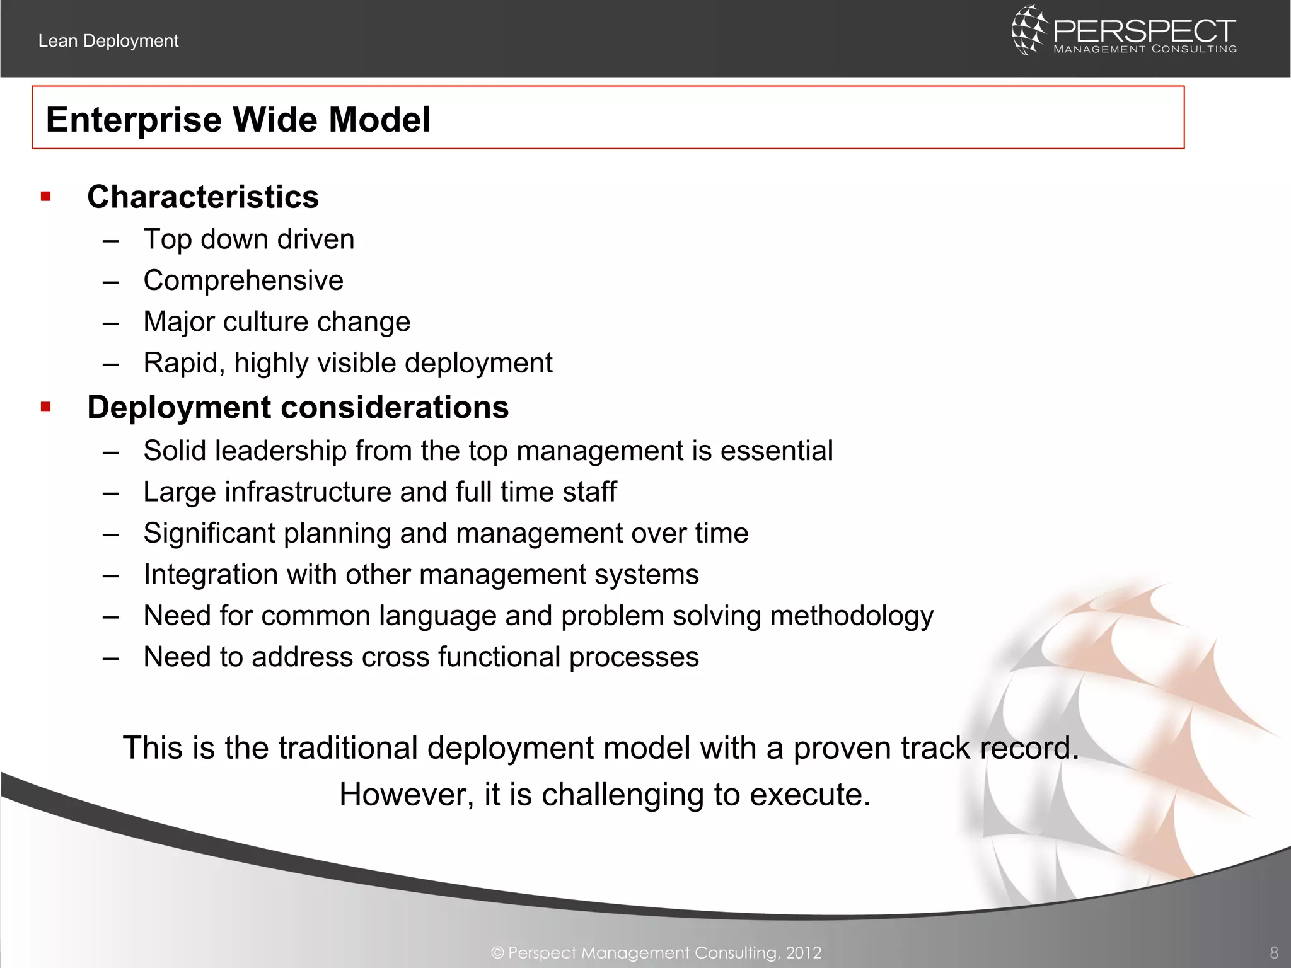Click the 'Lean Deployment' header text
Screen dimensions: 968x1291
pyautogui.click(x=108, y=41)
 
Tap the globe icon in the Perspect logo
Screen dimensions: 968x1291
pyautogui.click(x=1028, y=30)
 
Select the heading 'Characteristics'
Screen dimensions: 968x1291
pyautogui.click(x=203, y=197)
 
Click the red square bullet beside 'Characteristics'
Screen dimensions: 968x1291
pyautogui.click(x=45, y=197)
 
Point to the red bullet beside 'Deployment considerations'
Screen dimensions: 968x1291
pyautogui.click(x=45, y=407)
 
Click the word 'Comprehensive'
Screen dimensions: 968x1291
pyautogui.click(x=243, y=280)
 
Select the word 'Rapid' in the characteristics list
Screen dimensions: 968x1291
pyautogui.click(x=180, y=364)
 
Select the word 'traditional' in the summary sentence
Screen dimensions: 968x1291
pyautogui.click(x=348, y=748)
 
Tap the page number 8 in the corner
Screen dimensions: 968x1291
pyautogui.click(x=1273, y=952)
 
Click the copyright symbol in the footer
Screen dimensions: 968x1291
pyautogui.click(x=497, y=953)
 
